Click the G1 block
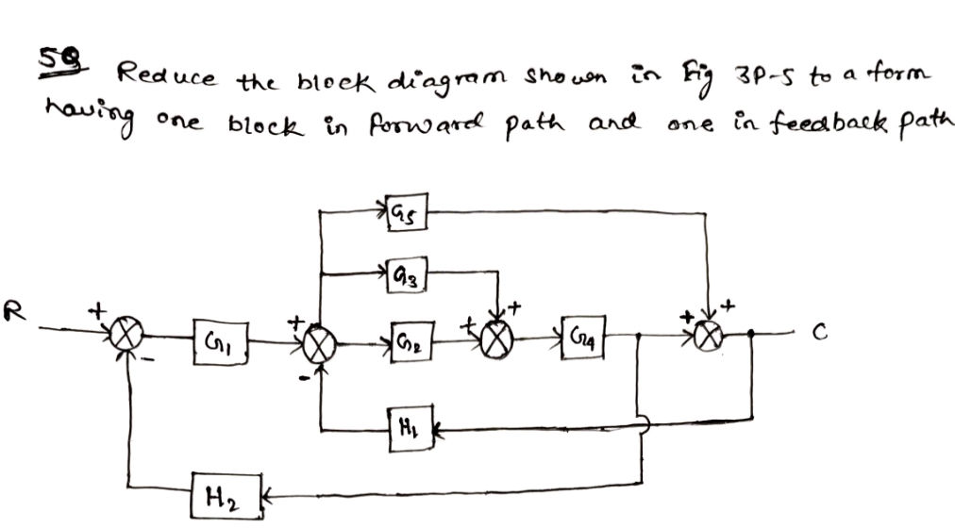(213, 338)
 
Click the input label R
(13, 306)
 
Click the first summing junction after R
(125, 335)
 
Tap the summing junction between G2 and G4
(496, 338)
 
